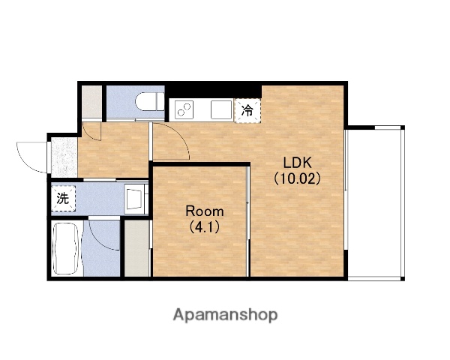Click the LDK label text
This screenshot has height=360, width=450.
coord(297,163)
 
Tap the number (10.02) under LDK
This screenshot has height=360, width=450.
coord(297,178)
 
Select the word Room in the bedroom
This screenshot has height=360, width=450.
coord(205,211)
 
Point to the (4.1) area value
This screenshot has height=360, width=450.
coord(204,227)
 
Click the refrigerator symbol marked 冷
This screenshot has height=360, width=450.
coord(247,110)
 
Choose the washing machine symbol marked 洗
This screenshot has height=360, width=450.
coord(63,198)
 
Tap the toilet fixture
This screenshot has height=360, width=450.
coord(150,101)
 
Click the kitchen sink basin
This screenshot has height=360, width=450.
coord(221,109)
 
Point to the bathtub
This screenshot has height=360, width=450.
coord(66,248)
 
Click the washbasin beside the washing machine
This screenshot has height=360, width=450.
coord(134,198)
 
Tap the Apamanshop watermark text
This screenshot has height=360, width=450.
coord(225,315)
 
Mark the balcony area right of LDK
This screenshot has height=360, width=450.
coord(374,203)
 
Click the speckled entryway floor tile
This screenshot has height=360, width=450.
coord(64,157)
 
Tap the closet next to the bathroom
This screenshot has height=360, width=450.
coord(137,248)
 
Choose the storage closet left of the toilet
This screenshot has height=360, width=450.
coord(91,102)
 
